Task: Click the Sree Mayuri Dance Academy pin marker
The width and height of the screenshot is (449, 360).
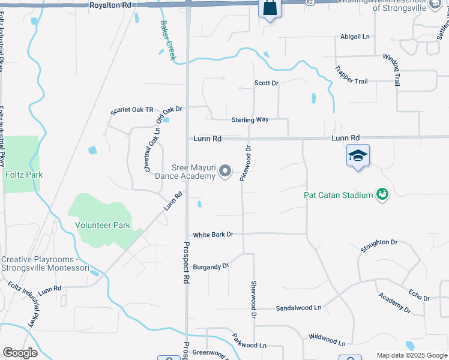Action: tap(225, 172)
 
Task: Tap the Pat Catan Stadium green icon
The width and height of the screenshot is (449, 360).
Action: tap(382, 194)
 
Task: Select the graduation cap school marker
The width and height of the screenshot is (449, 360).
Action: tap(358, 155)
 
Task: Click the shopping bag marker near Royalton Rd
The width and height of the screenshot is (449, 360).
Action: tap(270, 8)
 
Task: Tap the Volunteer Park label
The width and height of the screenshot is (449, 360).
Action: tap(103, 225)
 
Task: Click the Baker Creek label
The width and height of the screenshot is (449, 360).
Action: tap(168, 41)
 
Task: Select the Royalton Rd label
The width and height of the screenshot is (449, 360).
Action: tap(110, 5)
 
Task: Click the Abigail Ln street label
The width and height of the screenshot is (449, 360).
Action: tap(355, 37)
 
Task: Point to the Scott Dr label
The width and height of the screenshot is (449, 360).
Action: tap(267, 83)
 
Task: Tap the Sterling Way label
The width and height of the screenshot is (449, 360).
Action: tap(250, 119)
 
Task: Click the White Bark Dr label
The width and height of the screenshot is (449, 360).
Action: tap(212, 234)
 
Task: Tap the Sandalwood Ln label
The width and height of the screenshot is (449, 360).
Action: tap(298, 308)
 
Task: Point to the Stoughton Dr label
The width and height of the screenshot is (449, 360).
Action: tap(379, 245)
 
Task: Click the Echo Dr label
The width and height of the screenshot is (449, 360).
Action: tap(419, 295)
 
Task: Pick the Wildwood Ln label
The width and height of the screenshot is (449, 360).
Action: tap(327, 340)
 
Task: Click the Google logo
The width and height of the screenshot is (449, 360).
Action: tap(20, 353)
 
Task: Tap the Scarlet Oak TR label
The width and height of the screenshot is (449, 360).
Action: tap(132, 111)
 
